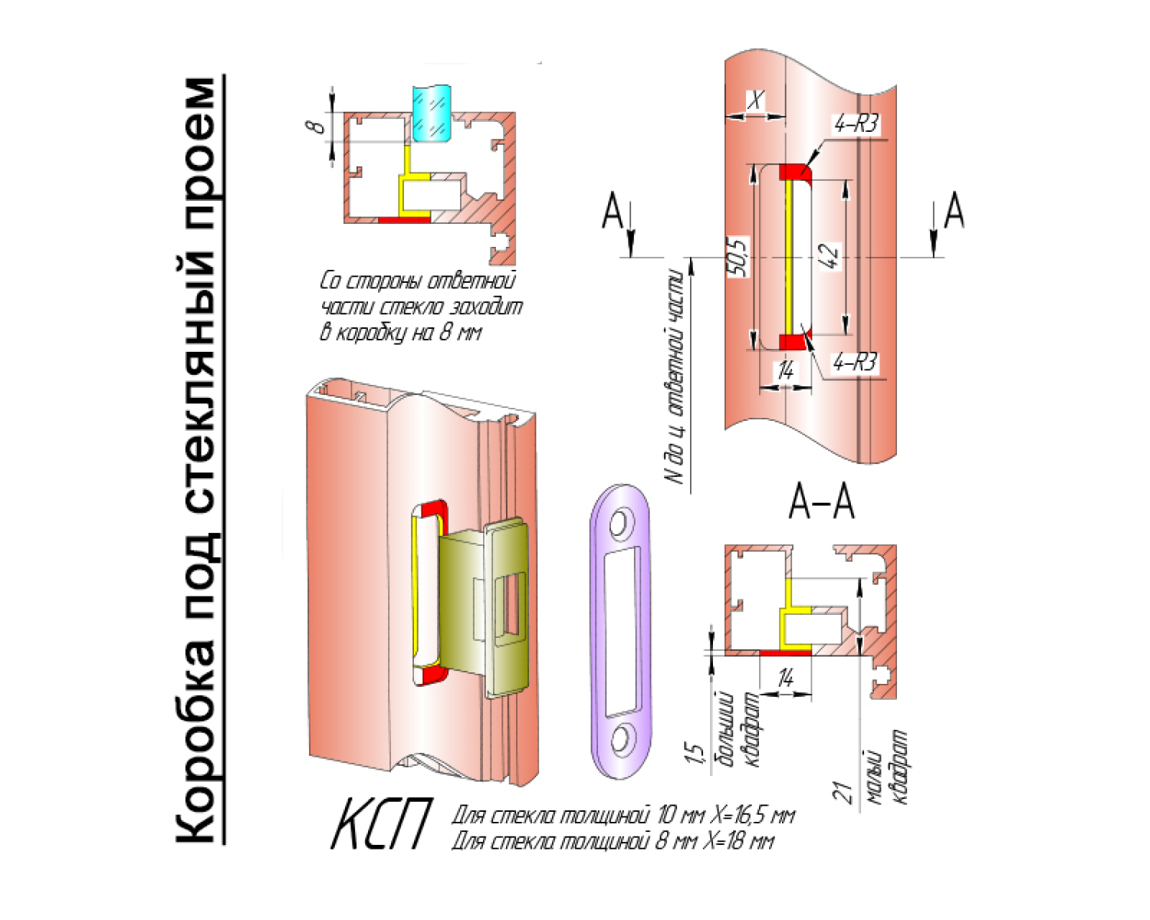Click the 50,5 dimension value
click(x=740, y=256)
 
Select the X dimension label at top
click(x=756, y=100)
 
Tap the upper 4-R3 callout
click(x=856, y=124)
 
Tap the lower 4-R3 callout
click(x=855, y=362)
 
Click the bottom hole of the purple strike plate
click(x=620, y=740)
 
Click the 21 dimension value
click(x=843, y=791)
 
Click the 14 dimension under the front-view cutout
click(x=785, y=372)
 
